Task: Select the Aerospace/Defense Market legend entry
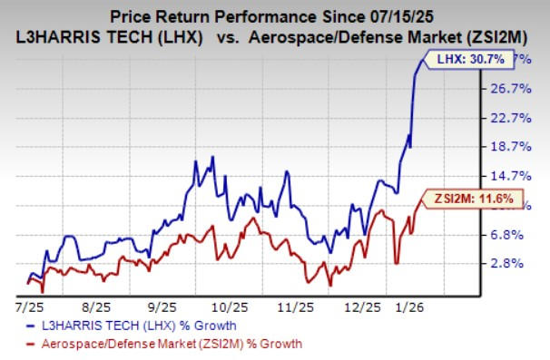[160, 344]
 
